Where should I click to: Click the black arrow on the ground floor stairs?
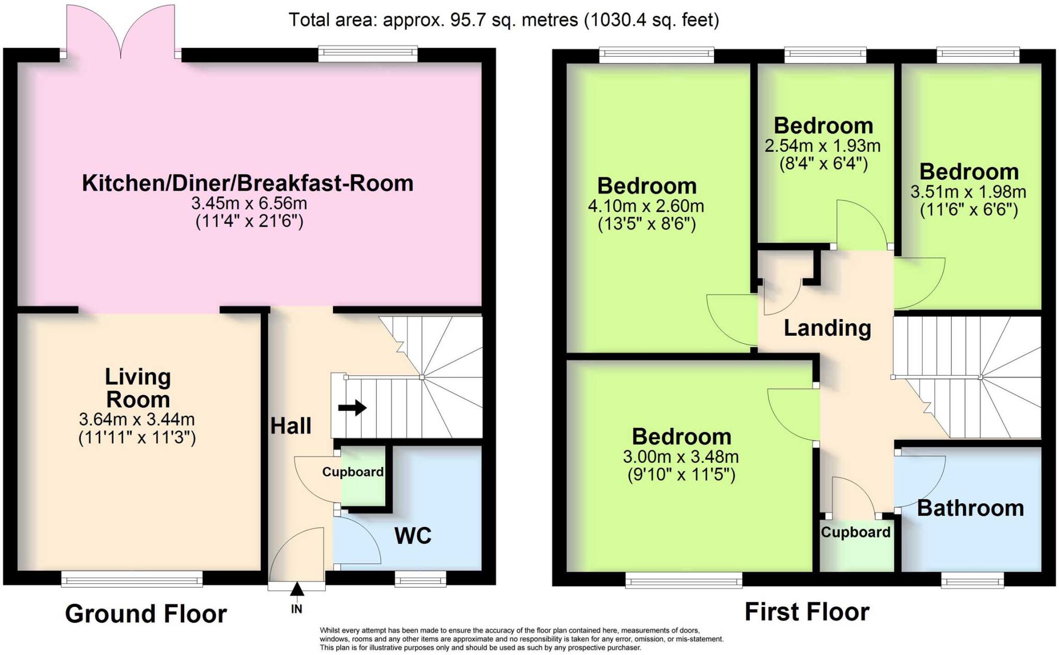(x=352, y=408)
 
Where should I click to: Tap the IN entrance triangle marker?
(x=297, y=589)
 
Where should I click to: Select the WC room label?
(x=413, y=536)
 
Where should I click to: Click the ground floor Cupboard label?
(x=353, y=472)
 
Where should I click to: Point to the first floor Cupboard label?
(x=855, y=532)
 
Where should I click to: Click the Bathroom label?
(x=970, y=508)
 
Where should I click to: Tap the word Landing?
(x=827, y=328)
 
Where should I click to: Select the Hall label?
(x=291, y=426)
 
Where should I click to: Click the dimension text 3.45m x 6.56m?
(x=249, y=204)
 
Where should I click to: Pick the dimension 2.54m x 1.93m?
(x=822, y=146)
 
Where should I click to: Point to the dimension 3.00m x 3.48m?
(x=680, y=457)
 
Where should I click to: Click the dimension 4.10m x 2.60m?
(x=646, y=206)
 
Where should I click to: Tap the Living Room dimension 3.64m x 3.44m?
(x=137, y=419)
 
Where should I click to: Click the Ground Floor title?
(x=146, y=614)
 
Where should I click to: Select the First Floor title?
(x=807, y=612)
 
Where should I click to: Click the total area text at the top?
(x=503, y=20)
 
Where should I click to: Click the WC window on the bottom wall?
(x=420, y=579)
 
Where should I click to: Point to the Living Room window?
(x=132, y=579)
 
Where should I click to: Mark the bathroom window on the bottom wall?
(x=972, y=580)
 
